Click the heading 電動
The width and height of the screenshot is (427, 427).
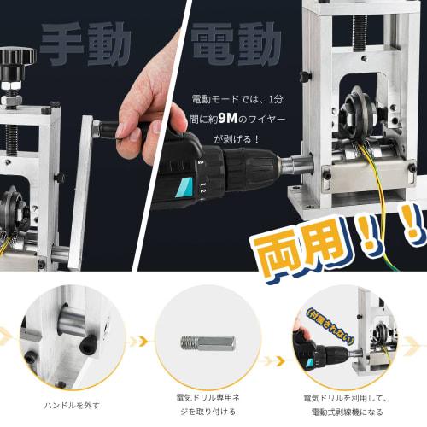(235, 41)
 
